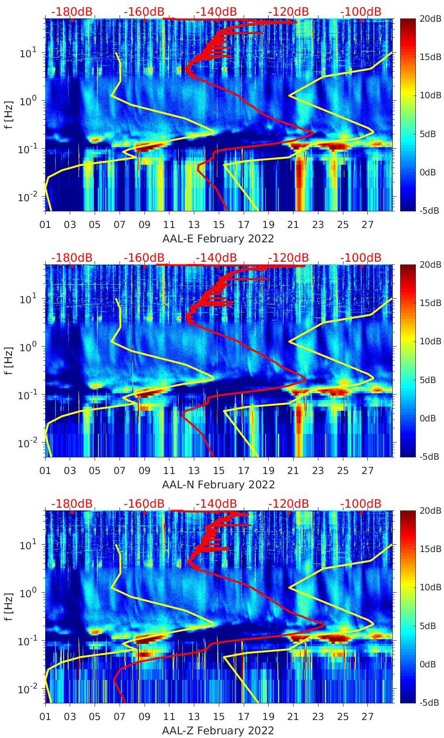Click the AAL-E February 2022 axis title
point(218,239)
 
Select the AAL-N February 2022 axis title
point(218,485)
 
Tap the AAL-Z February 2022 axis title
point(218,731)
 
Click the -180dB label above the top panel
point(72,12)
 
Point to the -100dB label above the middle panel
point(361,258)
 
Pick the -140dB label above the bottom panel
point(216,504)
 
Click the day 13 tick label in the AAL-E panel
point(194,225)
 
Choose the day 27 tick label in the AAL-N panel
point(367,471)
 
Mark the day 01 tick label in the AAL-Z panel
point(45,717)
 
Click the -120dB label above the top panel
point(288,12)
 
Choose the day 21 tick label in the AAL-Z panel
point(293,717)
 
